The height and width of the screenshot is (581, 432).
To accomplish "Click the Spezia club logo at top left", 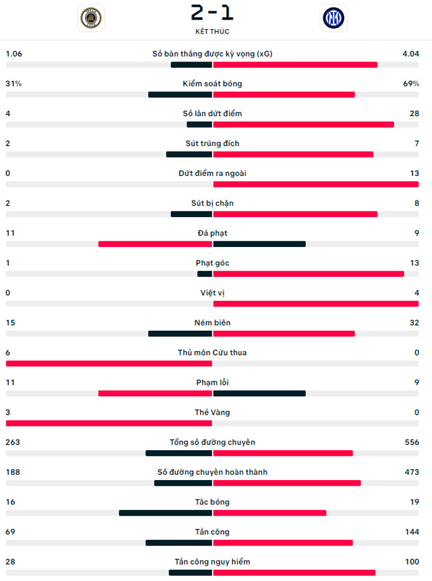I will click(x=91, y=18).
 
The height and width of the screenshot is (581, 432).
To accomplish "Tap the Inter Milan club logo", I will click(x=334, y=18).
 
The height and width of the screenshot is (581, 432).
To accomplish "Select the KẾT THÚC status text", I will click(x=212, y=31).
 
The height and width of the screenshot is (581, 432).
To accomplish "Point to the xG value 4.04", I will click(x=410, y=54).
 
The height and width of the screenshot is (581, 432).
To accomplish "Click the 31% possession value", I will click(x=13, y=84).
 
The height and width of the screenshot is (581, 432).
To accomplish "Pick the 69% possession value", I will click(x=411, y=84).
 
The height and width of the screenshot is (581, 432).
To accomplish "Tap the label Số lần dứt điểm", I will click(x=212, y=114).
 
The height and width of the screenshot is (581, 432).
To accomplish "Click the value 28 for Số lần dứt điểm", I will click(x=414, y=114).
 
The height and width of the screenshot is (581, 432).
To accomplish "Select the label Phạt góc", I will click(x=212, y=263).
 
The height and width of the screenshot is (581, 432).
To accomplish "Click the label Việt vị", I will click(x=212, y=293).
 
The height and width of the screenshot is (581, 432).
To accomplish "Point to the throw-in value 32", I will click(x=414, y=323).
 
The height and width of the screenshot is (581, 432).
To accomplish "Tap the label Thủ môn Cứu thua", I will click(x=212, y=352).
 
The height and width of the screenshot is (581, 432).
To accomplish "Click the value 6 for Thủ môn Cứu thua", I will click(x=8, y=352).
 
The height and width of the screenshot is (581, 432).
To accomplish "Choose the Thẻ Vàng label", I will click(x=212, y=412).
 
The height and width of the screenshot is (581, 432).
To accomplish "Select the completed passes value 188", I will click(x=13, y=472).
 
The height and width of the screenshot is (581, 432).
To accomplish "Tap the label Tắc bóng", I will click(x=212, y=502).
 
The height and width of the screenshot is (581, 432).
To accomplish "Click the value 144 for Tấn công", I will click(x=412, y=531).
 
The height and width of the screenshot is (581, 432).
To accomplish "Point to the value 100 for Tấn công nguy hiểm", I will click(x=412, y=561).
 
